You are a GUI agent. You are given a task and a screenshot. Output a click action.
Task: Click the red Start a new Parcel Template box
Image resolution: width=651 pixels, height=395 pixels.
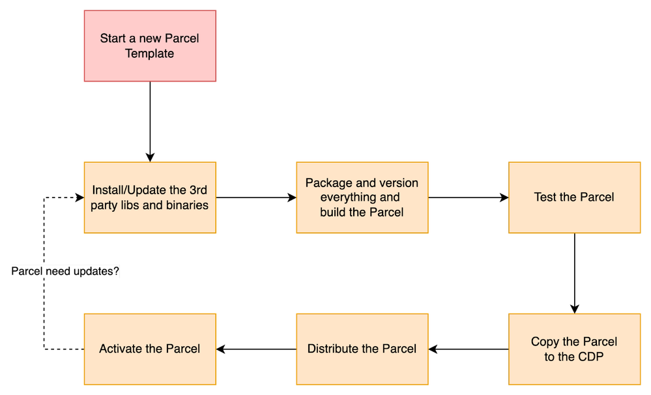click(150, 46)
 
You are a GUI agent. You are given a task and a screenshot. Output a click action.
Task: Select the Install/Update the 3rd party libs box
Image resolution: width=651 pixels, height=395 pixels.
click(150, 197)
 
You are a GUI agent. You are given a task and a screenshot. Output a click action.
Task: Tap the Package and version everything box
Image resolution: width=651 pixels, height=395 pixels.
click(362, 197)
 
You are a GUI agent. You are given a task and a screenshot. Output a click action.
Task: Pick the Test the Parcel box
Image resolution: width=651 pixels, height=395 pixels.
click(575, 197)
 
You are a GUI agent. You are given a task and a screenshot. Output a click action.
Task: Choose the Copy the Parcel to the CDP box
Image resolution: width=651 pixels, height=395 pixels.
click(575, 349)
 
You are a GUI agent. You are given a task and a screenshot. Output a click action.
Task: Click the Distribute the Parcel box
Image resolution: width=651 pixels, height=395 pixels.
click(362, 349)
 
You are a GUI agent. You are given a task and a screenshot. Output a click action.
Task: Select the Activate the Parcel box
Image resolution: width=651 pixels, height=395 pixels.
click(150, 349)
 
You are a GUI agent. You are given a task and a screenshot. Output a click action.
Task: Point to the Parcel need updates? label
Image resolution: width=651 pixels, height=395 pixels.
click(65, 271)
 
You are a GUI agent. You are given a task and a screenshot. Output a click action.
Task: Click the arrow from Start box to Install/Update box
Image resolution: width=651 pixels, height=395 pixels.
click(150, 122)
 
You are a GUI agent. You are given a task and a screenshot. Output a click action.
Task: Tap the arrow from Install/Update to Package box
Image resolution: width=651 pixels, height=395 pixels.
click(256, 197)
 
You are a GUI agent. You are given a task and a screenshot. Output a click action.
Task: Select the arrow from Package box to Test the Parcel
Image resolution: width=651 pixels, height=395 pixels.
click(469, 197)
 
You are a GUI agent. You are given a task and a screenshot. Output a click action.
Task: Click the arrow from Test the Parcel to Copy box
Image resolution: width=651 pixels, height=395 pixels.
click(575, 273)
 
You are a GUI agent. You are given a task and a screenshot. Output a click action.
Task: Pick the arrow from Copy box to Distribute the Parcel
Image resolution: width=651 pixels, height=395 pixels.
click(469, 349)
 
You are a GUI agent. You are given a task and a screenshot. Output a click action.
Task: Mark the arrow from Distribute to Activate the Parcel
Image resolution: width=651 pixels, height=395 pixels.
click(256, 349)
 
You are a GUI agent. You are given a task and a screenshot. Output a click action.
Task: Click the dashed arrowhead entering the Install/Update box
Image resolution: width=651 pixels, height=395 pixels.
click(80, 197)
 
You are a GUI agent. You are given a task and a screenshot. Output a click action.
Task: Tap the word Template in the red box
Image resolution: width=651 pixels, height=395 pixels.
click(149, 53)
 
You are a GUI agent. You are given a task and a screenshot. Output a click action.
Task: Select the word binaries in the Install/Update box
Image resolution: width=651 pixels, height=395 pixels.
click(187, 205)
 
